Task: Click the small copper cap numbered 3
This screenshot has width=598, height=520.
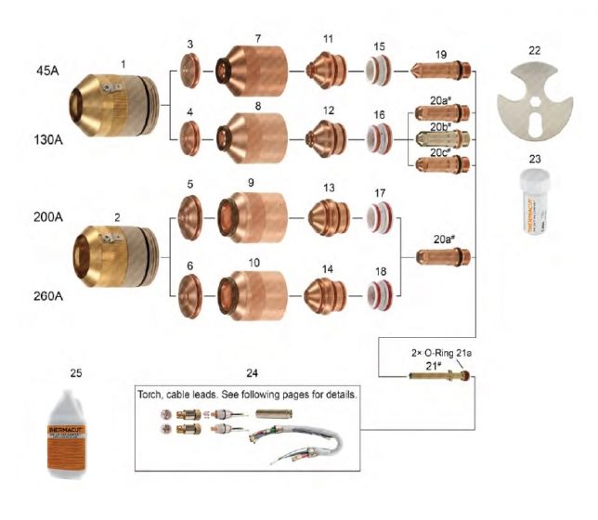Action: point(189,69)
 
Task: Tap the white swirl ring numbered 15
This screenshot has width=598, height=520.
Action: point(378,70)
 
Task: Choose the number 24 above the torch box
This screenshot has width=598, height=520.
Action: point(253,373)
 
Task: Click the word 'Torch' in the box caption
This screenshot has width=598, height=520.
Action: point(153,394)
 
